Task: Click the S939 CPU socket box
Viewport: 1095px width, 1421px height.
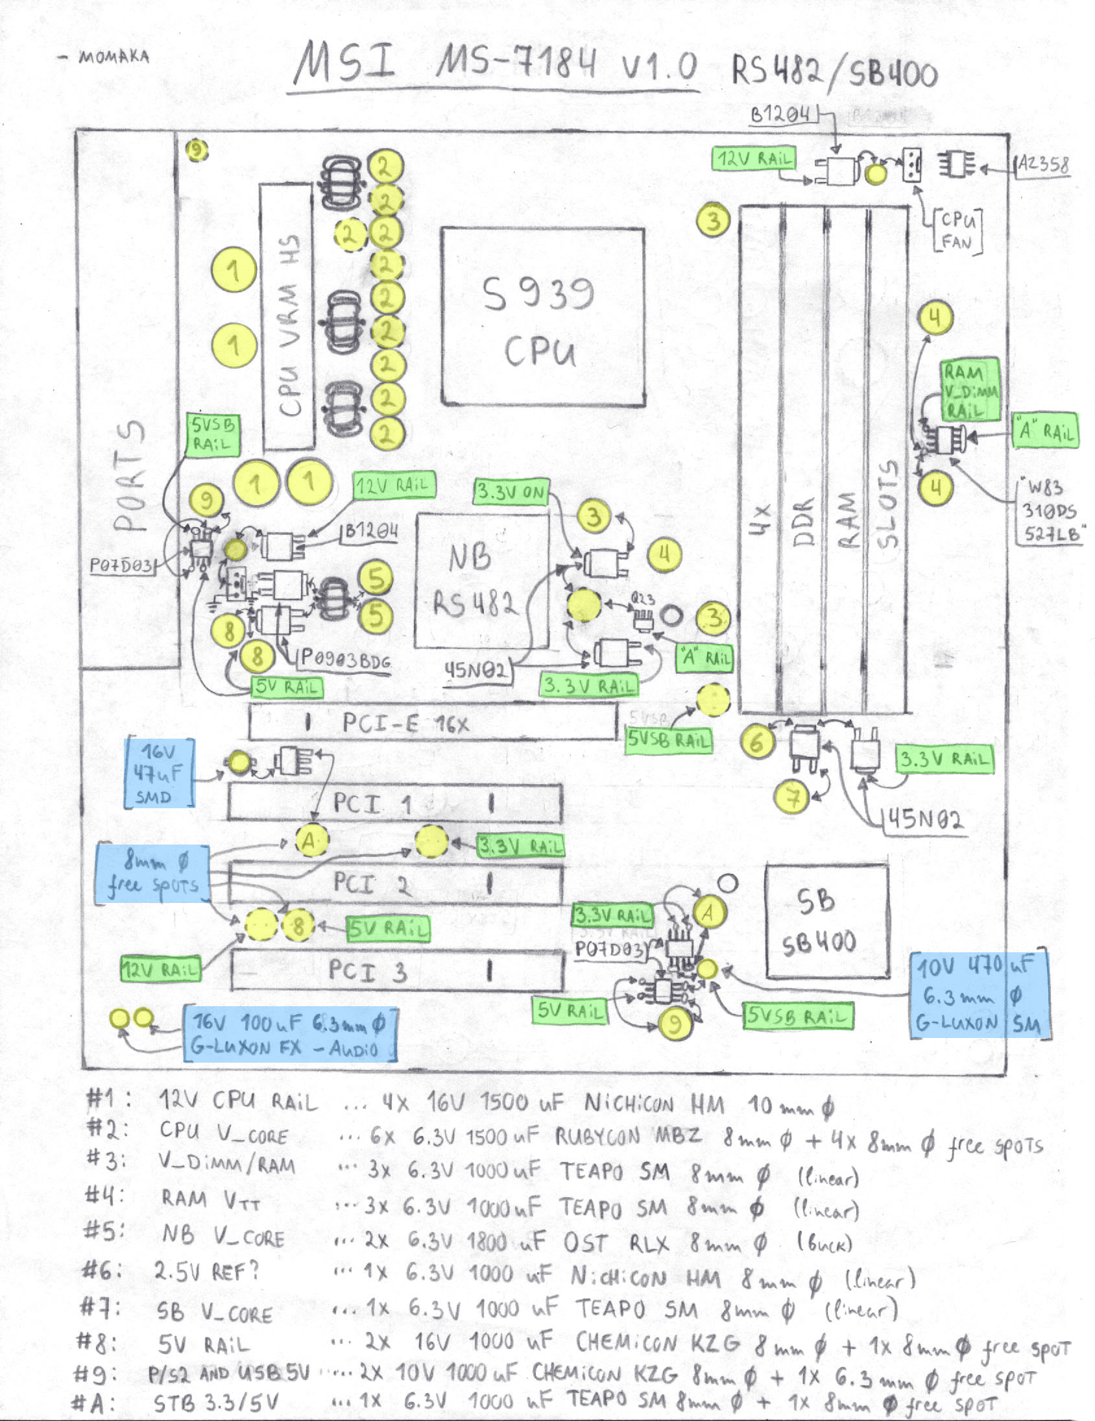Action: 543,317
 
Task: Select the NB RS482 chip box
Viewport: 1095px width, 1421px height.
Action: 481,581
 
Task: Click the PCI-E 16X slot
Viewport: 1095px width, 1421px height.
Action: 433,723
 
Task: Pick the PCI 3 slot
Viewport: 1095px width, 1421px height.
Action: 396,970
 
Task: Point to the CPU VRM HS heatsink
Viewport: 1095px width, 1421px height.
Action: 287,317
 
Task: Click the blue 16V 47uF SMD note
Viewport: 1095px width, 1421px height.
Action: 160,774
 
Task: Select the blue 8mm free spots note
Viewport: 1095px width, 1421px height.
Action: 153,874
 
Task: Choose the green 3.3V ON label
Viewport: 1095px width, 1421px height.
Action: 511,492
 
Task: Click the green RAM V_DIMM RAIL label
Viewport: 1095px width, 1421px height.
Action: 970,389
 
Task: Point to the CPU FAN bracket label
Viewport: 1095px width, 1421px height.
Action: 957,231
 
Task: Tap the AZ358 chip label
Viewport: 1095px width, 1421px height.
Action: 1043,165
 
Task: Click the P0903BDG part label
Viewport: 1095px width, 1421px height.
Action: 345,660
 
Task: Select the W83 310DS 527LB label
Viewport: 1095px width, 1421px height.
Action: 1048,511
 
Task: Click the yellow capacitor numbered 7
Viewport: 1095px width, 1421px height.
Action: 791,797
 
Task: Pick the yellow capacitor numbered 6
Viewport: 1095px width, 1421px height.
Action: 756,742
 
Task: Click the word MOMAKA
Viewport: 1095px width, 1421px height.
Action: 114,57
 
